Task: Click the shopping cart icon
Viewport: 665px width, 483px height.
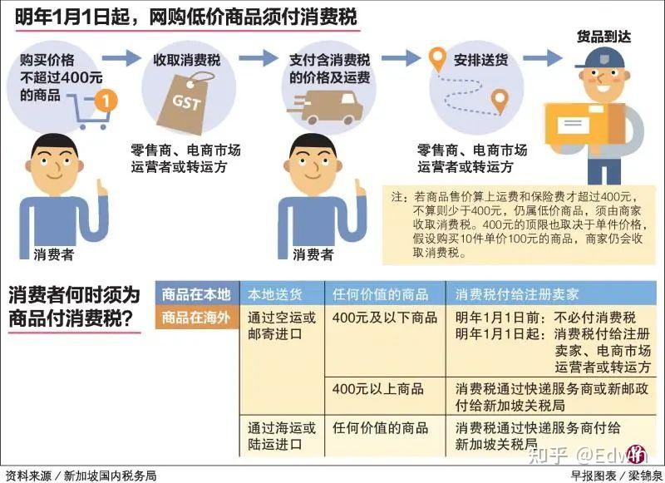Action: (x=86, y=111)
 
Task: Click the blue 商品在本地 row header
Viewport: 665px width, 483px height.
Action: (x=195, y=294)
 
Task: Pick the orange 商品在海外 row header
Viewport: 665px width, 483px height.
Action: (x=195, y=317)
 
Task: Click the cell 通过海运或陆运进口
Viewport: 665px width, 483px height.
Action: (x=282, y=436)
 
